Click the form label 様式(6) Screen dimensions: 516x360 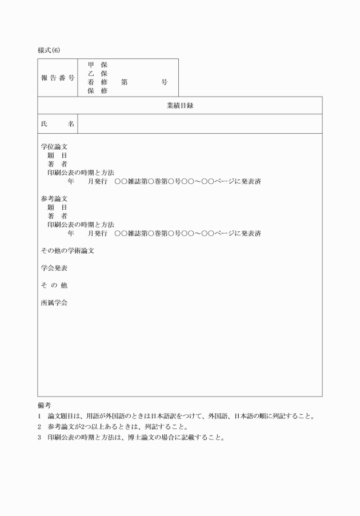[x=49, y=50]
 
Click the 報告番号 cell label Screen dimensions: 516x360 [x=58, y=78]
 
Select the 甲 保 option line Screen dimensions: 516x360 [x=97, y=65]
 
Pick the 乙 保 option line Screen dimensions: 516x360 [x=97, y=73]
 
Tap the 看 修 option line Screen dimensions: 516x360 [x=97, y=82]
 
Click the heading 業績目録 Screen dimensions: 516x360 [x=179, y=105]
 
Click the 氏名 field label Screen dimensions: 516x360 [x=58, y=123]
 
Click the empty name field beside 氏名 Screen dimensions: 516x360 [x=199, y=123]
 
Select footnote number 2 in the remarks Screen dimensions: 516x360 [x=39, y=427]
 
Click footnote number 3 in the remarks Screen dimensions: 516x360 [x=39, y=438]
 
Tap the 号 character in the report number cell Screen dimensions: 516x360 [x=165, y=82]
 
